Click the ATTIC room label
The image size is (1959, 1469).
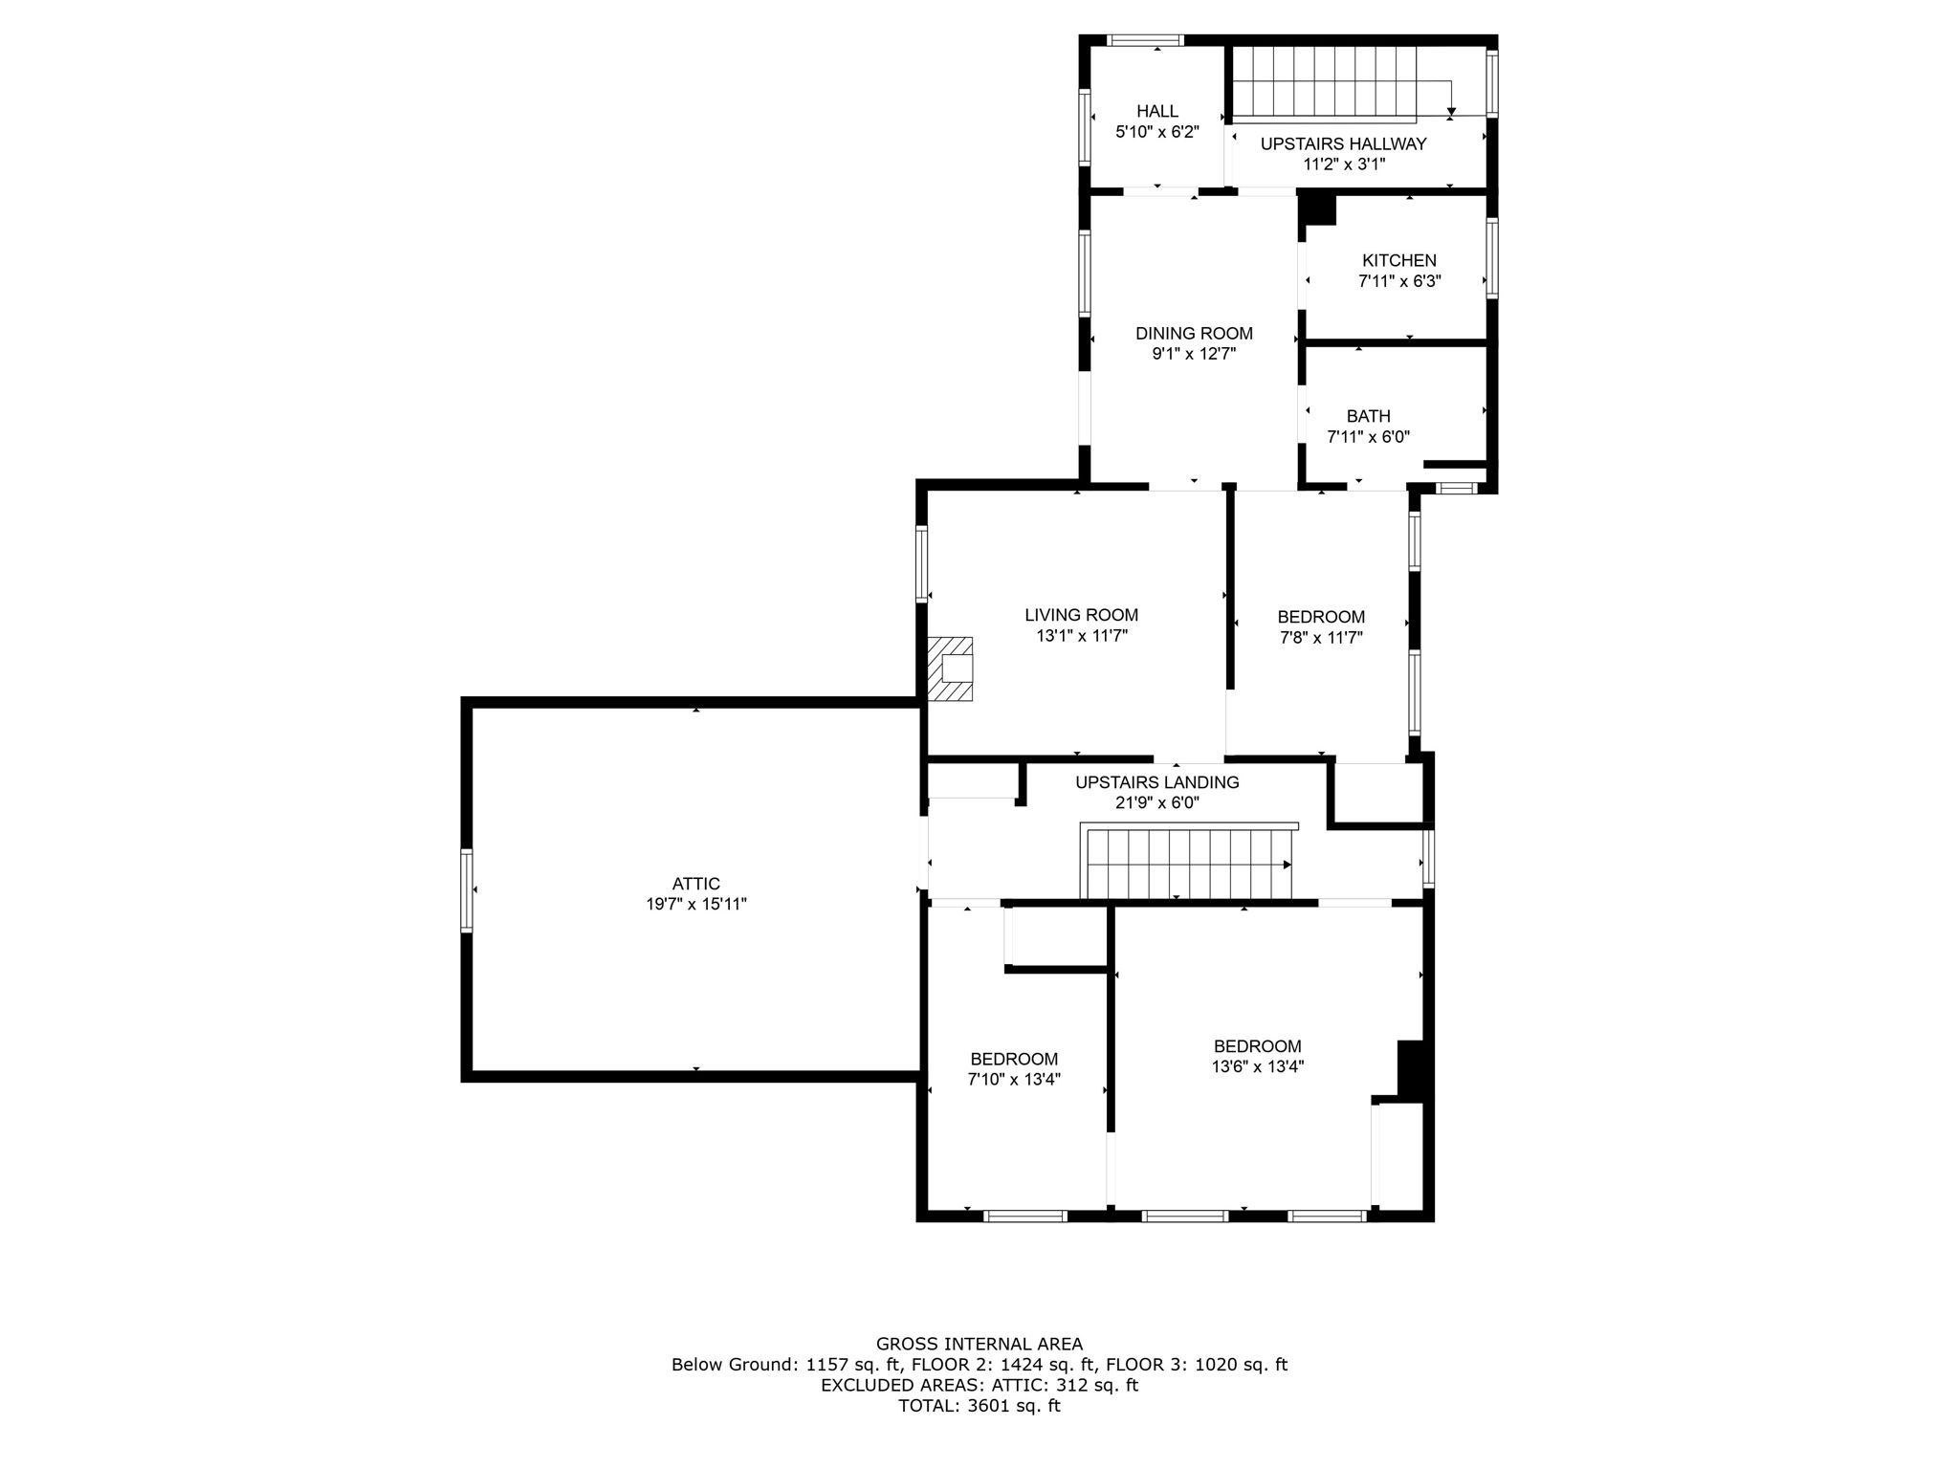pyautogui.click(x=695, y=884)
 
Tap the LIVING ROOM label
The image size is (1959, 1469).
pyautogui.click(x=1081, y=615)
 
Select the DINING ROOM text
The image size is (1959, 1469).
pyautogui.click(x=1194, y=333)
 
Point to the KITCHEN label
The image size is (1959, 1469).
pyautogui.click(x=1398, y=260)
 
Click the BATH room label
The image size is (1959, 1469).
pyautogui.click(x=1368, y=416)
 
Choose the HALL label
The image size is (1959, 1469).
pyautogui.click(x=1157, y=111)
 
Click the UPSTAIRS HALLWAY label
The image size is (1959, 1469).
pyautogui.click(x=1343, y=143)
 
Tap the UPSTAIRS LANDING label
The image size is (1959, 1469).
pyautogui.click(x=1156, y=782)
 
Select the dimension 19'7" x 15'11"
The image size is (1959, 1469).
pyautogui.click(x=695, y=904)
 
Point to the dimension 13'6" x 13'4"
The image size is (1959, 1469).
pyautogui.click(x=1257, y=1066)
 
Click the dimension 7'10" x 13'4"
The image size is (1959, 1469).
pyautogui.click(x=1014, y=1079)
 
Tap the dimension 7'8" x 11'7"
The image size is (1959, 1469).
pyautogui.click(x=1320, y=637)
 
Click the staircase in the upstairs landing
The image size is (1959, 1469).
pyautogui.click(x=1186, y=863)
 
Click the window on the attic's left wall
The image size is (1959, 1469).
pyautogui.click(x=467, y=890)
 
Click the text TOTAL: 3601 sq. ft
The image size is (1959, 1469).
pyautogui.click(x=979, y=1406)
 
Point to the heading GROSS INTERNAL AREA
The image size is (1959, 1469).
pyautogui.click(x=979, y=1344)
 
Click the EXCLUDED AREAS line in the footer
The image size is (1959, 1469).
pyautogui.click(x=979, y=1385)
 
